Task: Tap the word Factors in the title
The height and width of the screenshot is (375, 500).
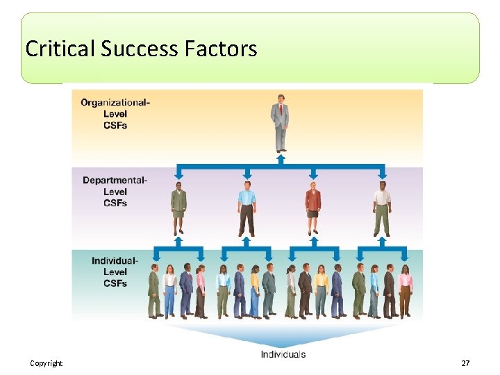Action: tap(222, 49)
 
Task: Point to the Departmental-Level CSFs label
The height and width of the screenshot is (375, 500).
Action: tap(115, 192)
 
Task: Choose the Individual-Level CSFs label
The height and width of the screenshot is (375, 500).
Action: tap(115, 272)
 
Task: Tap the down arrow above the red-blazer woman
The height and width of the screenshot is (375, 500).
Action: tap(313, 174)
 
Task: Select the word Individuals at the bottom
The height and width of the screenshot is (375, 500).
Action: tap(283, 354)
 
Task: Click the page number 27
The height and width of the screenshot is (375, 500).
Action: tap(465, 363)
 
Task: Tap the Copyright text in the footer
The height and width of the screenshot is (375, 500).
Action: tap(47, 363)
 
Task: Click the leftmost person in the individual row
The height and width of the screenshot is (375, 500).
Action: tap(154, 292)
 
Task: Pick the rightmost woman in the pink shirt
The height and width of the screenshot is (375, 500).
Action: tap(406, 292)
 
